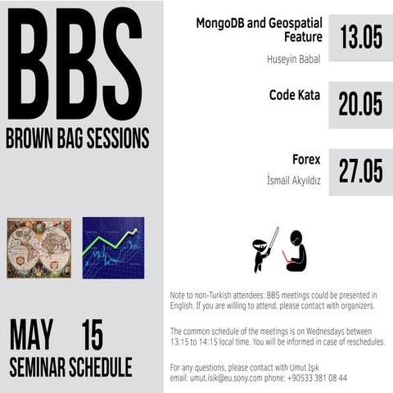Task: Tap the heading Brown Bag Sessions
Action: [77, 138]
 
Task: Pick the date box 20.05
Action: [360, 104]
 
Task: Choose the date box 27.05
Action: [360, 171]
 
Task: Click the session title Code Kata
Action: [295, 95]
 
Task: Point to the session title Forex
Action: [306, 159]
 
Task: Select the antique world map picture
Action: [38, 247]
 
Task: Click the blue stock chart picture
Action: [113, 247]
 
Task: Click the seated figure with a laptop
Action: [296, 252]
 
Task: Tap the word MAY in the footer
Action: [31, 335]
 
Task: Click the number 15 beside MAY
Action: [92, 335]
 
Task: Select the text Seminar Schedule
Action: [70, 367]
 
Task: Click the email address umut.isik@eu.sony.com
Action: [230, 377]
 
